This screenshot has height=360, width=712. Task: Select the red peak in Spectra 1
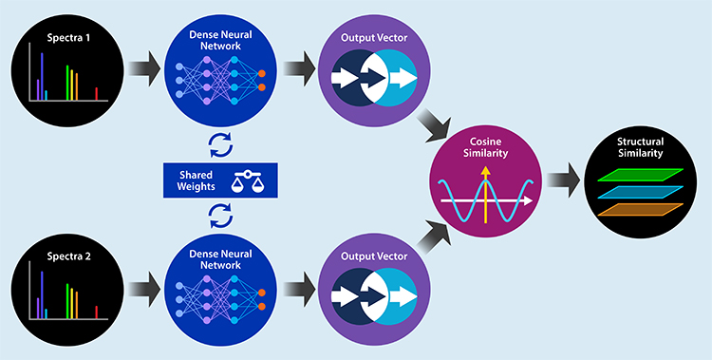coord(97,92)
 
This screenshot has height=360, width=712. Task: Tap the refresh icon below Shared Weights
coord(219,215)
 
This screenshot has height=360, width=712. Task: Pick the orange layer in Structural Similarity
coord(637,205)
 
